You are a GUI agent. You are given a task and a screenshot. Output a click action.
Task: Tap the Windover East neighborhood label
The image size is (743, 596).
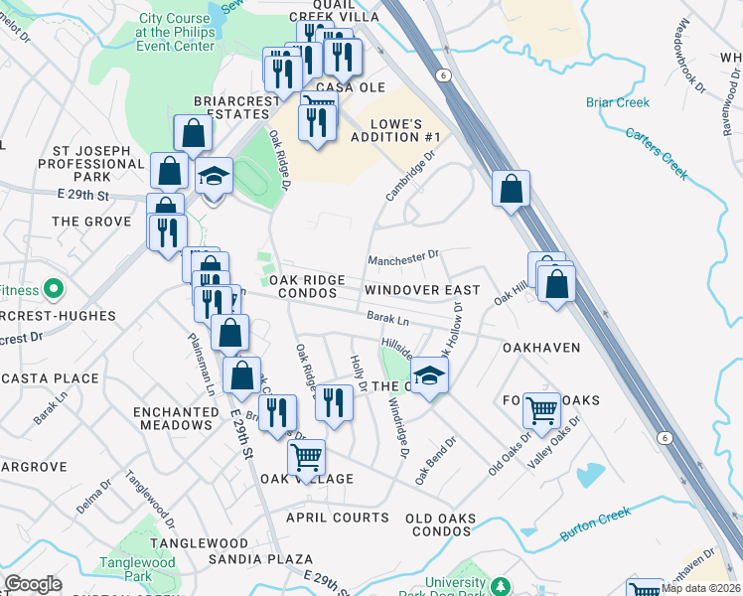(421, 290)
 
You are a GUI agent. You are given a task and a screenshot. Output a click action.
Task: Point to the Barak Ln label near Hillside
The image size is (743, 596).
(387, 320)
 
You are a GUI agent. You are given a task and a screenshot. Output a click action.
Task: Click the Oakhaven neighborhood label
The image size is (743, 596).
(542, 349)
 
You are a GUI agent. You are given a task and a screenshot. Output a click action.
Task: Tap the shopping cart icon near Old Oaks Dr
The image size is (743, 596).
(541, 407)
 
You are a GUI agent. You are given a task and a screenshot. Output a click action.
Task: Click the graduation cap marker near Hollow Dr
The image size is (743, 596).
(429, 376)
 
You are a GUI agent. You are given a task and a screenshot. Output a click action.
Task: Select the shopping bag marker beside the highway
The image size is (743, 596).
(511, 189)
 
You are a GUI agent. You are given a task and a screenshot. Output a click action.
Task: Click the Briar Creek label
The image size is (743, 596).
(617, 102)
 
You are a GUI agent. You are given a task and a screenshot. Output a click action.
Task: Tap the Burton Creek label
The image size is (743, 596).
(596, 523)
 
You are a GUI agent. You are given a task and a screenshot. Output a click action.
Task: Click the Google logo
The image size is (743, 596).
(33, 584)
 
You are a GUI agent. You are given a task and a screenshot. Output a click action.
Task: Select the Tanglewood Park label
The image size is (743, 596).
(137, 569)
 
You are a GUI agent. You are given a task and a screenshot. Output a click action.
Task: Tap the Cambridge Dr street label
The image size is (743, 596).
(411, 175)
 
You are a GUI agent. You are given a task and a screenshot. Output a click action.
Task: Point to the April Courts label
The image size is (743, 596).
(338, 518)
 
